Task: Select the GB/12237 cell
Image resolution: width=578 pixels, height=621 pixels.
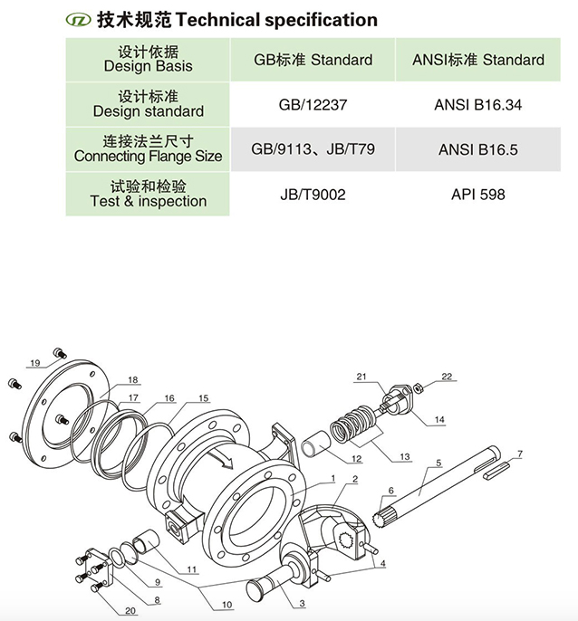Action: (x=313, y=104)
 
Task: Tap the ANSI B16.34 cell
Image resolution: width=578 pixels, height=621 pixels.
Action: (x=477, y=104)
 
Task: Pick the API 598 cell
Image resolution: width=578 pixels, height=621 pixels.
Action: (x=477, y=194)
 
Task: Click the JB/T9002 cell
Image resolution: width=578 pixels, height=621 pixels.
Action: (x=313, y=194)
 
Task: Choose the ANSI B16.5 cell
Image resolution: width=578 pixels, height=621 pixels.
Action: (x=477, y=149)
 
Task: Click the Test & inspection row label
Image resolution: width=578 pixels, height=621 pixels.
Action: (x=148, y=194)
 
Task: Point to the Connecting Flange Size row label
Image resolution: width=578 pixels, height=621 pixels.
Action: (x=148, y=149)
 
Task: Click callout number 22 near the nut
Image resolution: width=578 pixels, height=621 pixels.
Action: (x=446, y=377)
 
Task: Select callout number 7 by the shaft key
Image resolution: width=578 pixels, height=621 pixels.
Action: (x=520, y=453)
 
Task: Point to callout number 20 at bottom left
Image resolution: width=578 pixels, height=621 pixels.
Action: (x=130, y=609)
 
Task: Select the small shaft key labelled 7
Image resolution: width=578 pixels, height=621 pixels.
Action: (x=501, y=469)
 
